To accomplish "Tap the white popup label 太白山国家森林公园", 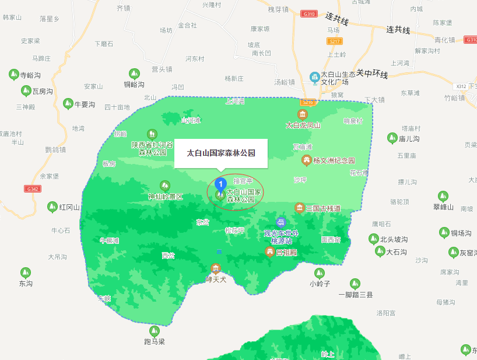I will click(x=220, y=153).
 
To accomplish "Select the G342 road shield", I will click(x=33, y=188).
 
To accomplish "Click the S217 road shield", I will click(x=334, y=41).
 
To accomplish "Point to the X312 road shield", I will click(x=461, y=86).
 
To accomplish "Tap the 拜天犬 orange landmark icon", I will click(x=216, y=268).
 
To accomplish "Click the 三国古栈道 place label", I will click(x=323, y=208).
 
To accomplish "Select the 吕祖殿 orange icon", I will click(x=270, y=251).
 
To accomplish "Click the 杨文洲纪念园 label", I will click(x=334, y=160).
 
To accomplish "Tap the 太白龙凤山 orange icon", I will click(x=302, y=114).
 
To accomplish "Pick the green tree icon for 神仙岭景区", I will click(x=165, y=186).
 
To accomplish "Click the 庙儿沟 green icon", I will click(x=392, y=138).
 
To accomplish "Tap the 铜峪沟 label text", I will click(x=134, y=85).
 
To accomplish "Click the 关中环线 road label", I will click(x=372, y=74).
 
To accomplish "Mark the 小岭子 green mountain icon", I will click(x=319, y=273).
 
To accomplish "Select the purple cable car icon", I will click(x=281, y=222).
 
